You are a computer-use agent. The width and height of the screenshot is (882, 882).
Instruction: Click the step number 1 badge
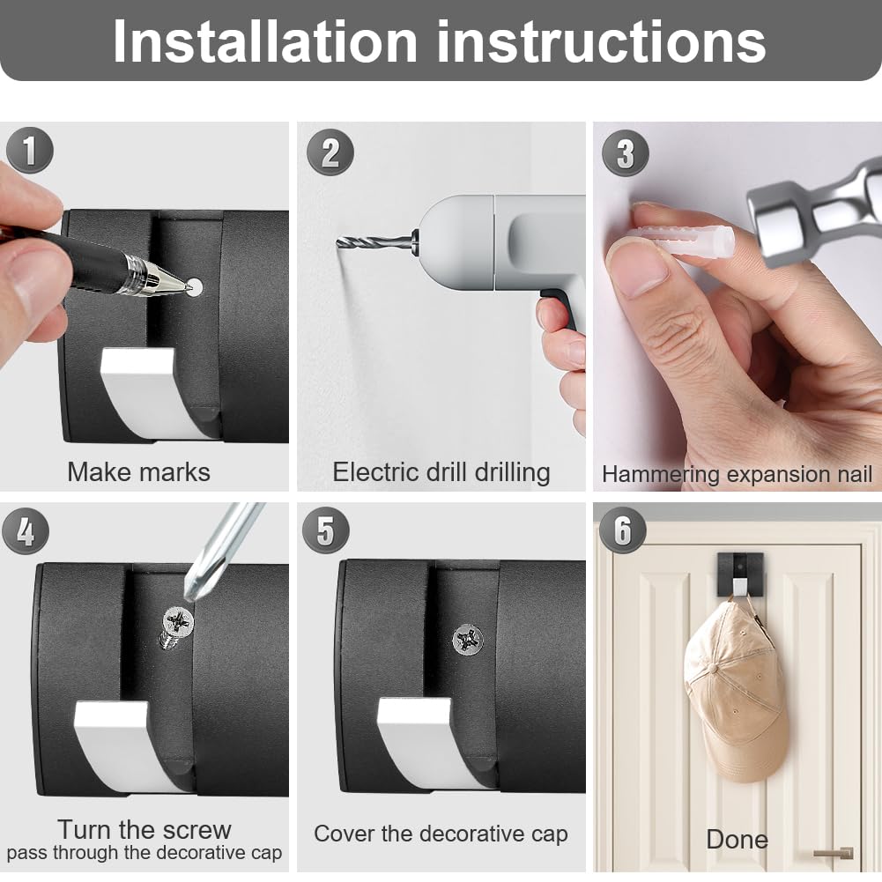29,150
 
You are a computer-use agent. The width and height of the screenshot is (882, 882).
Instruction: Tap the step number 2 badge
330,152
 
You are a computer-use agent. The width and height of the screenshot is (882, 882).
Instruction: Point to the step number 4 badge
26,531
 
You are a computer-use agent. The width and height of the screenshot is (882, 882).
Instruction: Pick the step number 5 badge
326,530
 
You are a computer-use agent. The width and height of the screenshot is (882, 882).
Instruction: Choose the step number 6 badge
622,530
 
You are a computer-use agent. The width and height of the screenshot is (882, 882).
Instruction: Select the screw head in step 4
178,621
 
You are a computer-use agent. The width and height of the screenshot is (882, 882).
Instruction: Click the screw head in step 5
468,640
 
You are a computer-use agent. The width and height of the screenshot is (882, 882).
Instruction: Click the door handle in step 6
834,853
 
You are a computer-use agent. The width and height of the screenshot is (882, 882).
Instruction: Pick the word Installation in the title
265,41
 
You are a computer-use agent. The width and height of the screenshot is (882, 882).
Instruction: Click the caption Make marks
139,472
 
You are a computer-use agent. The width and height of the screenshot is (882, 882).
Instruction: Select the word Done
737,839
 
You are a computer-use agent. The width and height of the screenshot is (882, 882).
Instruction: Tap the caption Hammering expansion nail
737,474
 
